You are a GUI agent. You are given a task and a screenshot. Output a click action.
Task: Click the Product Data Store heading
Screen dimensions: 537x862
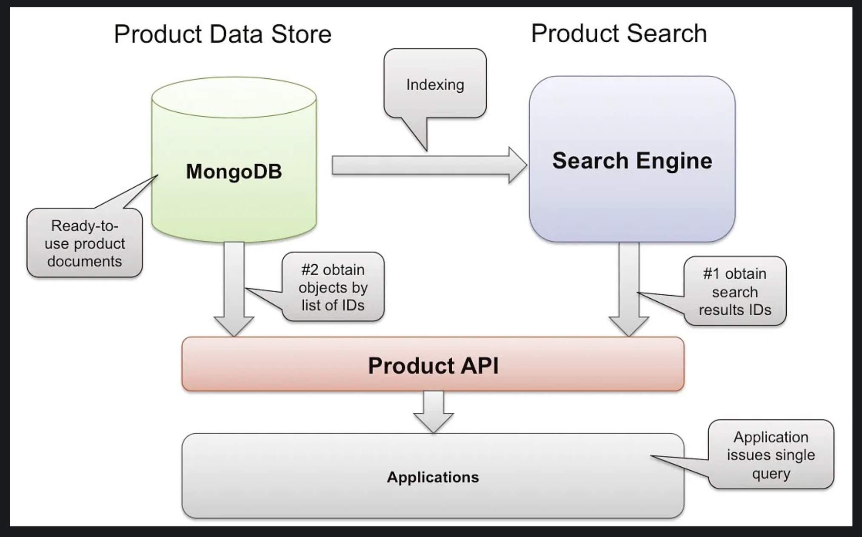[x=223, y=34]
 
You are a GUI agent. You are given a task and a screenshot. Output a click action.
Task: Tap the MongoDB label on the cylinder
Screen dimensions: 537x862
[x=234, y=171]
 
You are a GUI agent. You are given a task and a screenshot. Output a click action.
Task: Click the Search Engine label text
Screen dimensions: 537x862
[x=632, y=161]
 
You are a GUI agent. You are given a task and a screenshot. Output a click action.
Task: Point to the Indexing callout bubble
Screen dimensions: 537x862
[x=435, y=84]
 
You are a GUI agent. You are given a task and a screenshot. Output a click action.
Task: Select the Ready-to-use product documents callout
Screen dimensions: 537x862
[x=85, y=243]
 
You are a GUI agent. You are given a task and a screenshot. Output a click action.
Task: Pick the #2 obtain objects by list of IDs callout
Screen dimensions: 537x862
[x=333, y=287]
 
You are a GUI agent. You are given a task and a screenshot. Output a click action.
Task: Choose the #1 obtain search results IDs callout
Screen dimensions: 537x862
[x=735, y=291]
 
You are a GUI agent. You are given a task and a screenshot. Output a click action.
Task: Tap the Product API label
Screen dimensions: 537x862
[x=433, y=366]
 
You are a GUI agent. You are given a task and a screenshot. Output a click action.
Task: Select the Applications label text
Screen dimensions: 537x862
[x=433, y=477]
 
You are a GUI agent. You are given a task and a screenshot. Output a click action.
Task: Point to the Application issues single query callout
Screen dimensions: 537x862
[x=771, y=455]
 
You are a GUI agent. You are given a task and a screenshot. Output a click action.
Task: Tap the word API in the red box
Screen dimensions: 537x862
[x=481, y=366]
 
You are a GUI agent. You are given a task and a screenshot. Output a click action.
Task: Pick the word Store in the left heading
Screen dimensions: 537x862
[x=301, y=34]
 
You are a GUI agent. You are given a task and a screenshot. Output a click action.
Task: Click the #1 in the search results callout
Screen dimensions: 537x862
[x=711, y=274]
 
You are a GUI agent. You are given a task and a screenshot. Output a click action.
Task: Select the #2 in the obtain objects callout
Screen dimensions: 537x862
[x=310, y=270]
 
